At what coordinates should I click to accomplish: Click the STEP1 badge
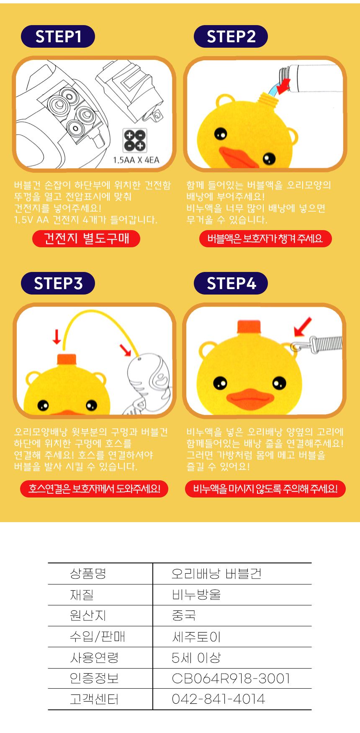[x=58, y=37]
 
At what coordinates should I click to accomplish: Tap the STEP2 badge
[x=231, y=37]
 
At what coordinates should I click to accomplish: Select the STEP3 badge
[x=58, y=283]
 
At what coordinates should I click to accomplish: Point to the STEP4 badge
[x=231, y=283]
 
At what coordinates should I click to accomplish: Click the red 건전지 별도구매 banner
[x=86, y=238]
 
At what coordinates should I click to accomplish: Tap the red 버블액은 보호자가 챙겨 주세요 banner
[x=265, y=238]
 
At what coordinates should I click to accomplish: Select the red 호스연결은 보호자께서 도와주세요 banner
[x=94, y=489]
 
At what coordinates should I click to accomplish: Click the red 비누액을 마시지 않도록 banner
[x=265, y=489]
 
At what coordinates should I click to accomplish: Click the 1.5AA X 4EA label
[x=136, y=160]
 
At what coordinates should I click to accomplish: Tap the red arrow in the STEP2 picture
[x=285, y=85]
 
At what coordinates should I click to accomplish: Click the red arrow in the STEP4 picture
[x=303, y=327]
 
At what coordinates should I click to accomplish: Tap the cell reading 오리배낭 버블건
[x=216, y=574]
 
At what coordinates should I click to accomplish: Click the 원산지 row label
[x=88, y=615]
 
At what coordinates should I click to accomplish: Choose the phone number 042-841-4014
[x=218, y=699]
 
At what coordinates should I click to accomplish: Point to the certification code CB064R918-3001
[x=231, y=678]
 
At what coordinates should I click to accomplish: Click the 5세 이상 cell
[x=196, y=658]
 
